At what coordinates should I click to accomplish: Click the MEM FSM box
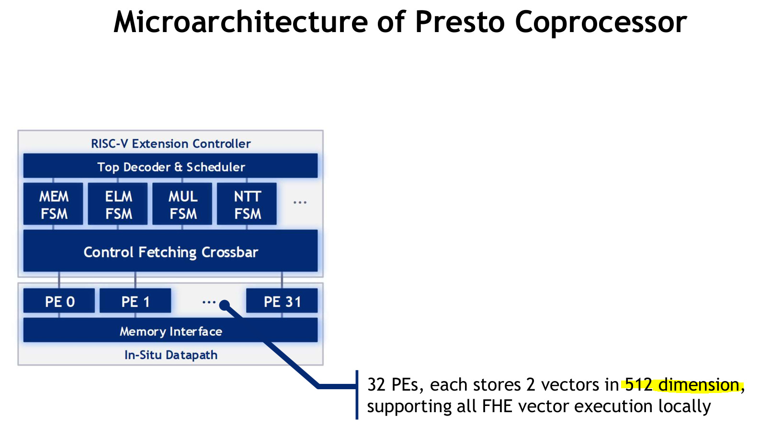point(53,204)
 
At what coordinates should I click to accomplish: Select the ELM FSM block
point(118,204)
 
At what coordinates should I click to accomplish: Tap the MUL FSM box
point(182,204)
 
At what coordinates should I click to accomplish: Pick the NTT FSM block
point(247,204)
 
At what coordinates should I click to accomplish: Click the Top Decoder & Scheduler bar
point(170,166)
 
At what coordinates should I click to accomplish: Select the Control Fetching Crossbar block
point(170,251)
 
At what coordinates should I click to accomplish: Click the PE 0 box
point(59,301)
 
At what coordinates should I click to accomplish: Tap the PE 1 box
point(136,301)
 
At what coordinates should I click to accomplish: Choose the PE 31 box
point(282,301)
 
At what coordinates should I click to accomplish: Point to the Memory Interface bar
point(170,331)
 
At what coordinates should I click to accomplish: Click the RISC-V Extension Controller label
point(170,143)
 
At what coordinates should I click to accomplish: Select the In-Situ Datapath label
point(170,355)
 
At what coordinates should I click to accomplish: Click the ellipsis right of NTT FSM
point(300,202)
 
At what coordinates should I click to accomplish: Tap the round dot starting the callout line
point(225,305)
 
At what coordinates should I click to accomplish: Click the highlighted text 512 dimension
point(682,384)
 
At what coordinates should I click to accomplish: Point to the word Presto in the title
point(460,22)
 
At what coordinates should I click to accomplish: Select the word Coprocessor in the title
point(601,22)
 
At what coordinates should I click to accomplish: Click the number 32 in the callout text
point(376,384)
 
